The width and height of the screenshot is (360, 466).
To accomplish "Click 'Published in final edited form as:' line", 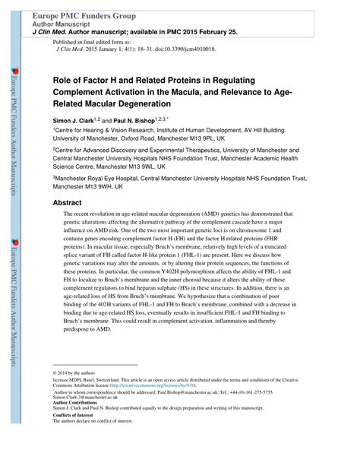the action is (x=87, y=41).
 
